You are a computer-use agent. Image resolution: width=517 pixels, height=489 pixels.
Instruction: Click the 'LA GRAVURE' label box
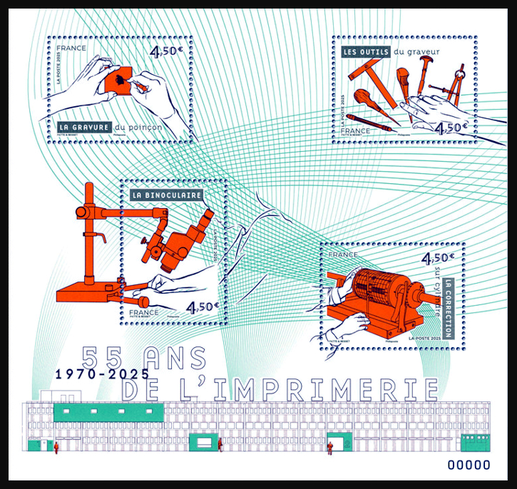(x=84, y=128)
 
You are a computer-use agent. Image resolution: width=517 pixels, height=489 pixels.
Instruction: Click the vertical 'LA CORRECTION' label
(x=448, y=307)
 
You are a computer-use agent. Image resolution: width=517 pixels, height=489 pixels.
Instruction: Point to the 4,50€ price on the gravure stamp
(x=165, y=51)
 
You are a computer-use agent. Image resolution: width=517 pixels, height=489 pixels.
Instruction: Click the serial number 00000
(x=468, y=465)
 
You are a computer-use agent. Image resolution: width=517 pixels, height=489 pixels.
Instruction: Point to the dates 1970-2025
(x=103, y=372)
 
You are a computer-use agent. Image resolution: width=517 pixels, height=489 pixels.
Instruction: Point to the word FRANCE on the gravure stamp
(x=73, y=48)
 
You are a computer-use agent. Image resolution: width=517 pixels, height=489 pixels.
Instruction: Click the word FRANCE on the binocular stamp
(x=144, y=312)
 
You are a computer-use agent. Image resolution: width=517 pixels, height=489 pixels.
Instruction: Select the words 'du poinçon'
(x=138, y=128)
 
